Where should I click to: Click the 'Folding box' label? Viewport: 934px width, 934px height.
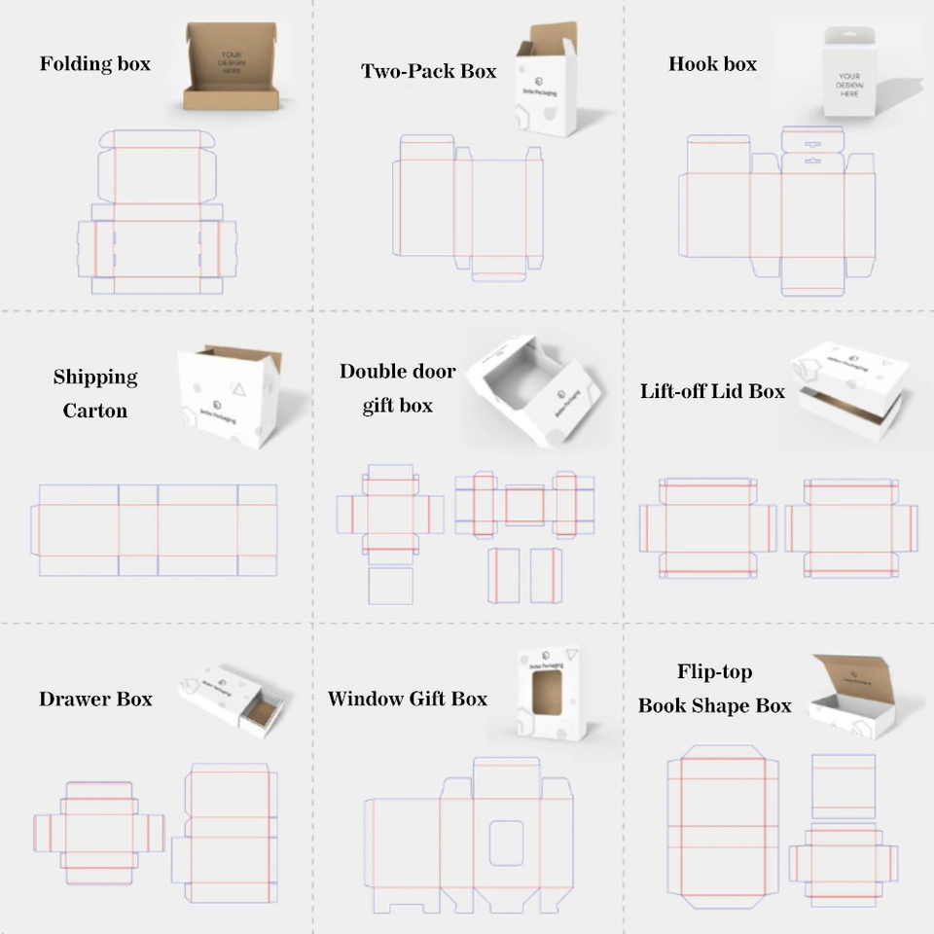tap(95, 64)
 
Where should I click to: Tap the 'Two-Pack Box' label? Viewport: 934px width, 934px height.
tap(428, 71)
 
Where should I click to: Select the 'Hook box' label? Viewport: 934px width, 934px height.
tap(712, 64)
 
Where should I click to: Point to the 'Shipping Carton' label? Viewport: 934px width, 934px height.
tap(95, 393)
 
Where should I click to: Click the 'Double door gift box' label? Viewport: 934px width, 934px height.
tap(397, 388)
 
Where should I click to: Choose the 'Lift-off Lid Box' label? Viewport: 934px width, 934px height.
tap(712, 391)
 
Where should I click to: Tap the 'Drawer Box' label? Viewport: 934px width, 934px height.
tap(95, 699)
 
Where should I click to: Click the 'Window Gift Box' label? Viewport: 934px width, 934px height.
tap(407, 699)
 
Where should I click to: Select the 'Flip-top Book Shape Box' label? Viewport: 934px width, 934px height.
tap(715, 689)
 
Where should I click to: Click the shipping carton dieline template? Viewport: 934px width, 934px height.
tap(156, 530)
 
